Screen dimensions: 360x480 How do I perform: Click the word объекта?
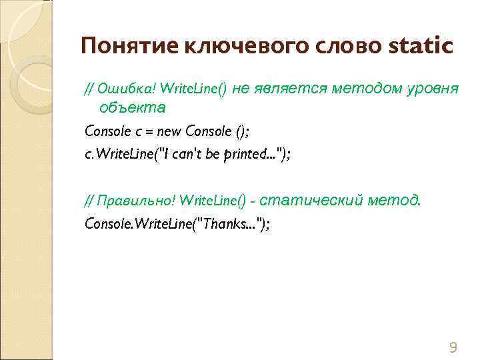[x=131, y=107]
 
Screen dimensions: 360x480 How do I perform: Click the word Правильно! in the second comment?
[x=137, y=200]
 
